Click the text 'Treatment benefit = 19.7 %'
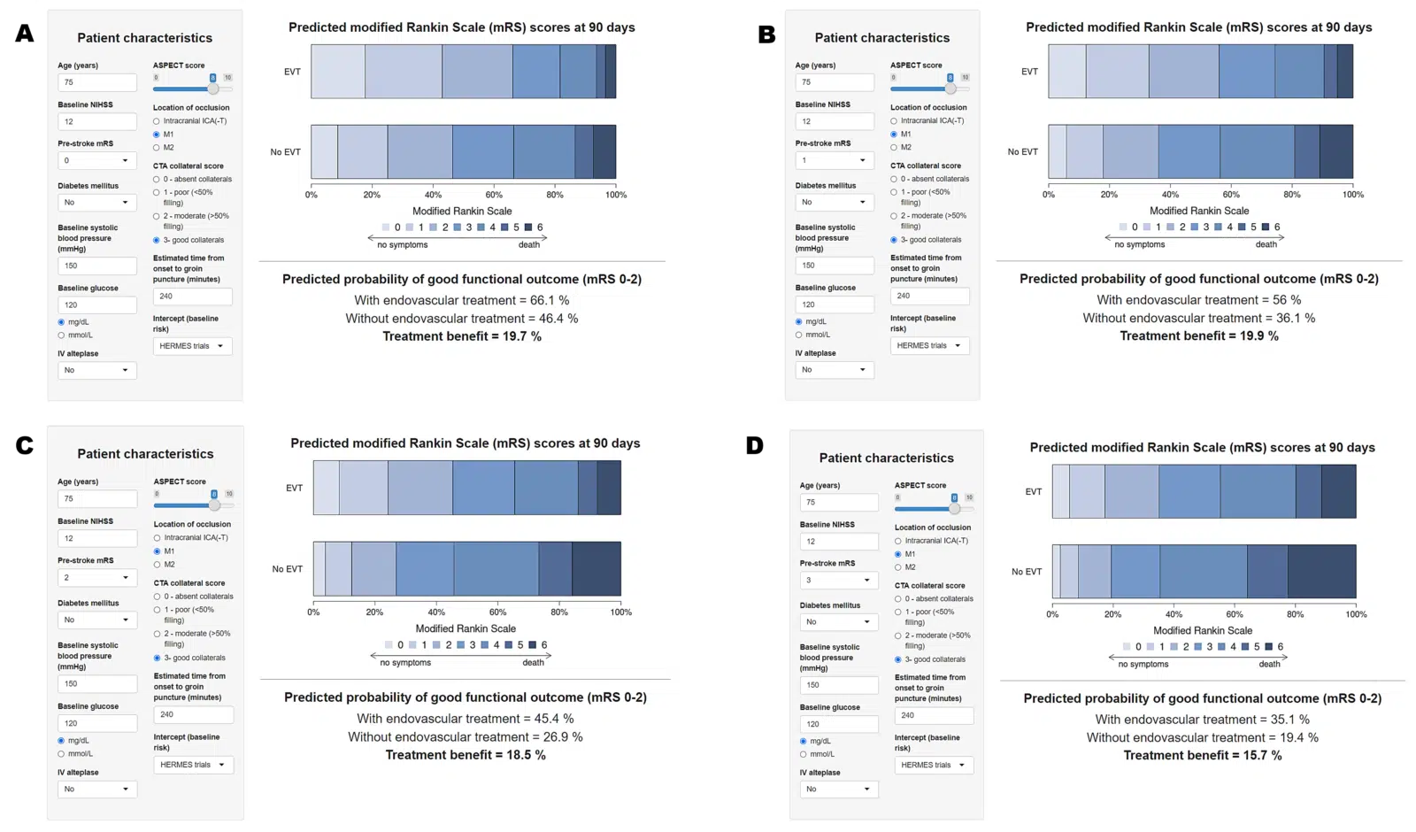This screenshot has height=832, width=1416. click(462, 336)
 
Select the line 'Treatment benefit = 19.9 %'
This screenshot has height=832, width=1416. click(1199, 335)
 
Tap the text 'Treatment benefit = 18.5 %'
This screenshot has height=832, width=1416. click(466, 755)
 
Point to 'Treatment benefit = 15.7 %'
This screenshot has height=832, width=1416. click(1203, 755)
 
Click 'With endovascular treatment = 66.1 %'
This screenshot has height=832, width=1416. click(462, 300)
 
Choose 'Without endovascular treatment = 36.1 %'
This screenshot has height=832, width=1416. click(1199, 318)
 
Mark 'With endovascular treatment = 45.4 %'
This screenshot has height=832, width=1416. click(466, 719)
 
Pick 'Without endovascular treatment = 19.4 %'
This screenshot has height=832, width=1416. click(1203, 737)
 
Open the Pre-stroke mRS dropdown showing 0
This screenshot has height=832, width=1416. click(97, 160)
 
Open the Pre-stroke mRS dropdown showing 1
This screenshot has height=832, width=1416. click(835, 160)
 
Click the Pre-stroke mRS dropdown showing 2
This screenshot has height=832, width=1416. click(97, 577)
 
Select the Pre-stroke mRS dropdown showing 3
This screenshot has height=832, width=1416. click(839, 581)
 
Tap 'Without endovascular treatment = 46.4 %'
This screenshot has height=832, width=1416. click(462, 319)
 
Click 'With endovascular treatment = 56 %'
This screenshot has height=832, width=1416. click(1199, 300)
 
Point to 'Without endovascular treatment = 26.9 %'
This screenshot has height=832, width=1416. click(466, 736)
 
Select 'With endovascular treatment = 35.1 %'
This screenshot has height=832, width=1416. click(1203, 720)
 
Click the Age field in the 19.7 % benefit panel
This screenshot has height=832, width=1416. click(97, 82)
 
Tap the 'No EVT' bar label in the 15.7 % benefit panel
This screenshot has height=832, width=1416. click(1027, 572)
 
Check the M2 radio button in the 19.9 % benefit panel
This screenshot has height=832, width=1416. click(894, 148)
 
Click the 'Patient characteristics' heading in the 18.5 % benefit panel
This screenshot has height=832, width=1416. click(145, 454)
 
